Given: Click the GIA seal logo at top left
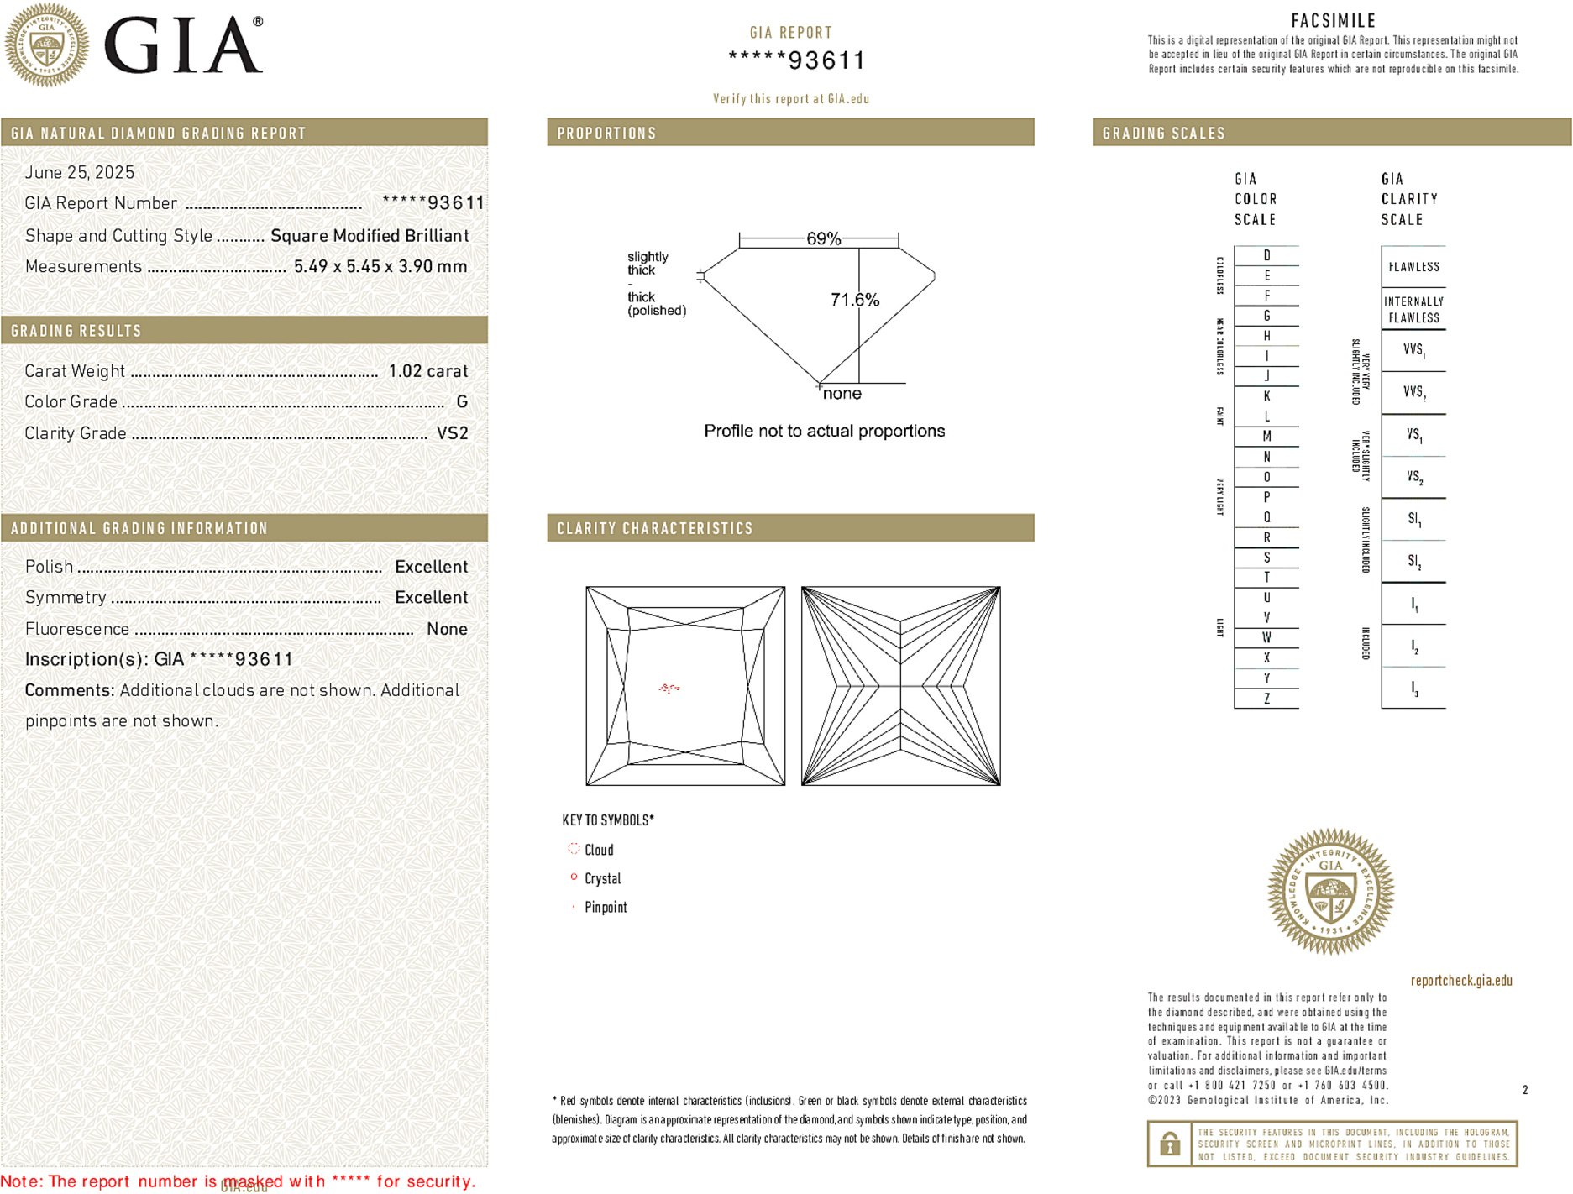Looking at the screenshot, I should [x=46, y=45].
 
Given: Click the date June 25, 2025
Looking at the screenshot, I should [x=79, y=173].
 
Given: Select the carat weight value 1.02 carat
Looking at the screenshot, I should [x=427, y=371].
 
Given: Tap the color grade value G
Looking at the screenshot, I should [x=462, y=402].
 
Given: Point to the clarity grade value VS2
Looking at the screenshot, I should [x=453, y=433].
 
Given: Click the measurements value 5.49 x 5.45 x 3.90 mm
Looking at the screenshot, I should [x=380, y=267].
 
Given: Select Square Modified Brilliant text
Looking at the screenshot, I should [x=370, y=236].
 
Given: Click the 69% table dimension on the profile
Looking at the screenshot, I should [x=823, y=239].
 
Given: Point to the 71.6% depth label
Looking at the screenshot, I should [x=854, y=300].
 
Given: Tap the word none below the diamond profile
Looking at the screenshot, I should [x=842, y=394].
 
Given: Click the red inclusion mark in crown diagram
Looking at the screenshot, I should [x=669, y=689].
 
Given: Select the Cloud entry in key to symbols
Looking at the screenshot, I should [x=599, y=850].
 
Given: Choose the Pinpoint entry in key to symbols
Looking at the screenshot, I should [x=605, y=907].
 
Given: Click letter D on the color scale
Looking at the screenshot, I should [x=1266, y=255].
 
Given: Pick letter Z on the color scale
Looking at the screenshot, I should [x=1266, y=699].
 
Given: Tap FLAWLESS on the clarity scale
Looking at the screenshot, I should [x=1413, y=267].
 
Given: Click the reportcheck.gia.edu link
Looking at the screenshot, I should [x=1460, y=981].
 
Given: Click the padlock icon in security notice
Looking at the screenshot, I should [x=1169, y=1144].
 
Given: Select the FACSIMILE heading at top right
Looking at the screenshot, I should [x=1333, y=21].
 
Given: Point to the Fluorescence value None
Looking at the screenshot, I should [x=447, y=629].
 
